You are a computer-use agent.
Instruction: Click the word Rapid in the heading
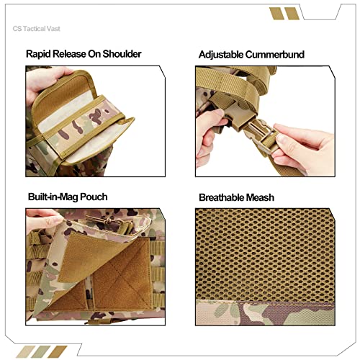tap(41, 54)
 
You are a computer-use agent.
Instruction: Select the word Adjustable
tap(221, 54)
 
